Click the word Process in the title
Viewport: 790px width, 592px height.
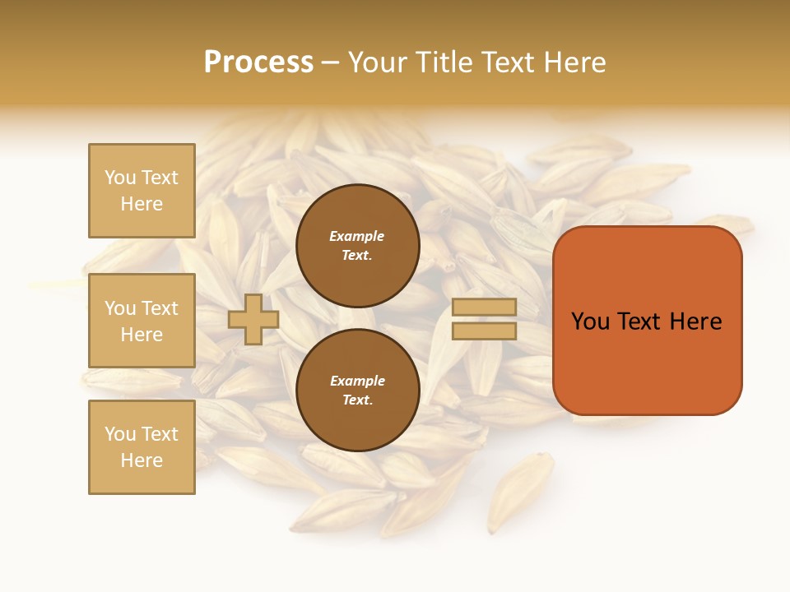[x=258, y=62]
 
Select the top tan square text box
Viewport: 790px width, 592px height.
[x=142, y=191]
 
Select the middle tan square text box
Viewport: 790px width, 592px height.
[x=142, y=321]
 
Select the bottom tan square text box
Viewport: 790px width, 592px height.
[x=142, y=447]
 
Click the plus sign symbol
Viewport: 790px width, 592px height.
[x=253, y=319]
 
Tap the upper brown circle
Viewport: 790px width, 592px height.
[x=357, y=246]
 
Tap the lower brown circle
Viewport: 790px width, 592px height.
[x=357, y=391]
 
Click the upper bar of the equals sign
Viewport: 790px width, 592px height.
[x=484, y=307]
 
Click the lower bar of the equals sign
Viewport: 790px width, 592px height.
[x=484, y=331]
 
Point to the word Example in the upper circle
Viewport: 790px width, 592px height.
[x=357, y=236]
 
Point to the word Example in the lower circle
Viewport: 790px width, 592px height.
[x=357, y=381]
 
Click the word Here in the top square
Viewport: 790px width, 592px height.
[x=142, y=204]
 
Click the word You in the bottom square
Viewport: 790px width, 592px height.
[x=120, y=434]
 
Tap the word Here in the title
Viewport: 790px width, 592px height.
[x=575, y=62]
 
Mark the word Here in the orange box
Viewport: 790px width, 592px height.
[x=695, y=321]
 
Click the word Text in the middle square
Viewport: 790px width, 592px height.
[x=160, y=308]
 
